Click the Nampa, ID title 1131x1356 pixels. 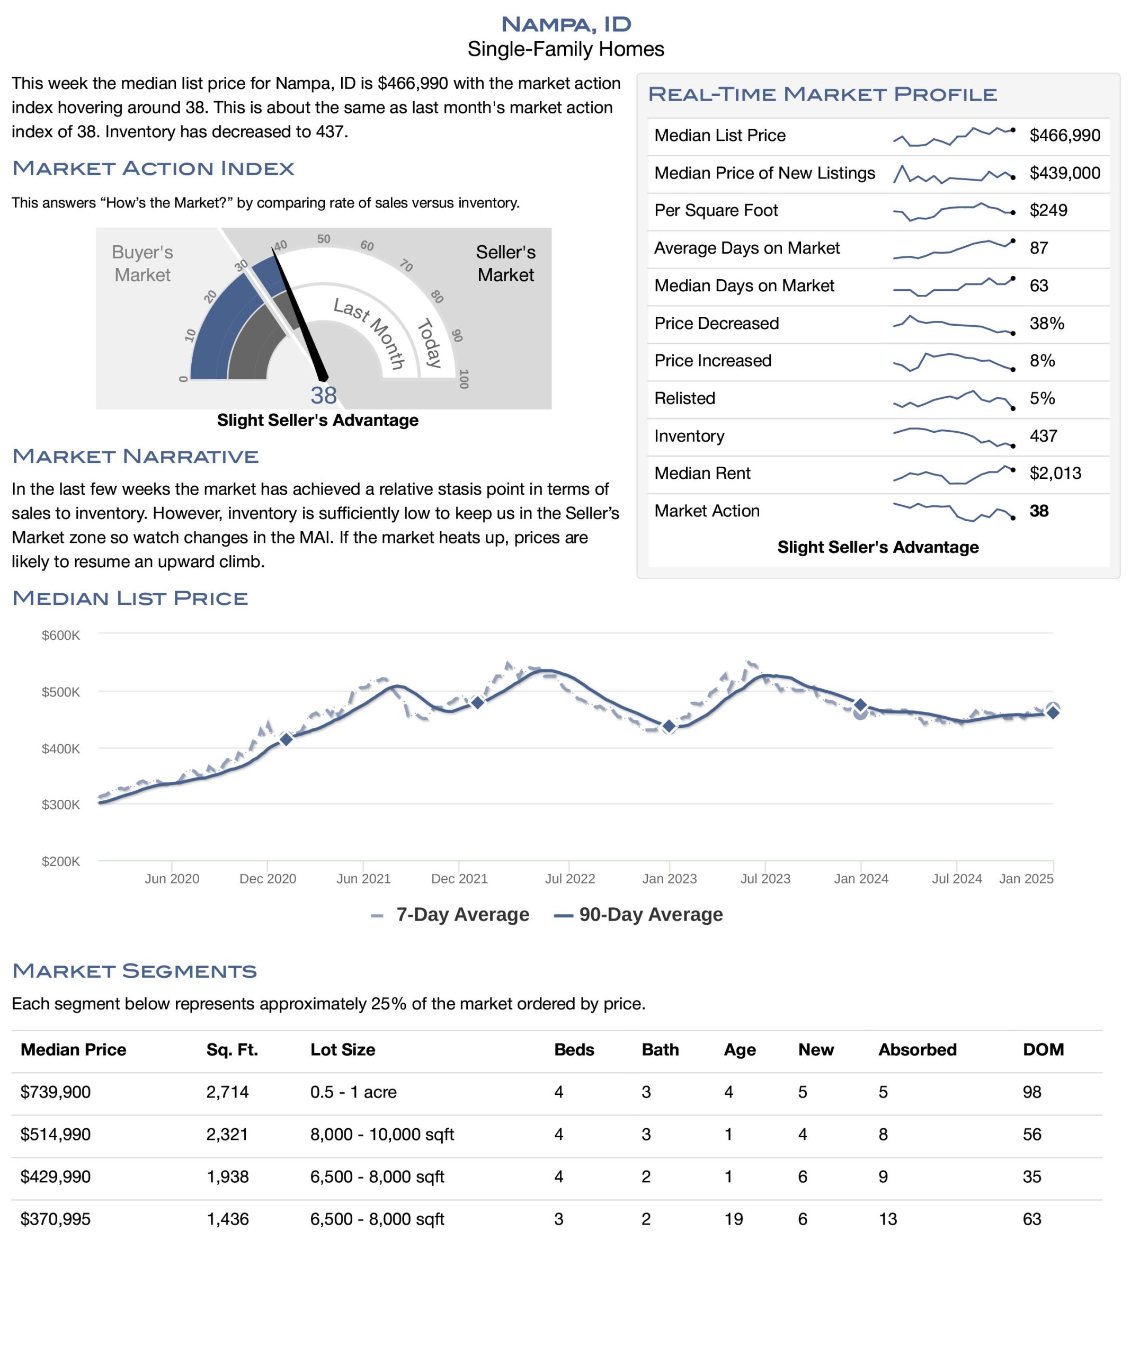click(x=565, y=24)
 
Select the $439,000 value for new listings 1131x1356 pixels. click(x=1064, y=173)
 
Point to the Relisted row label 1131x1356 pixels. click(x=684, y=398)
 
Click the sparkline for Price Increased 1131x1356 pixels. click(x=952, y=362)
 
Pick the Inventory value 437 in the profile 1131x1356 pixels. click(x=1043, y=436)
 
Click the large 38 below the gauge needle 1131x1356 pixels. click(x=323, y=395)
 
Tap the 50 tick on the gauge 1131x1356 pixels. click(x=324, y=239)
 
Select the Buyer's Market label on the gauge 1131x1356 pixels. click(x=142, y=263)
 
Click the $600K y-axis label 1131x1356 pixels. click(x=61, y=636)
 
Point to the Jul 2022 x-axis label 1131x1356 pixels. click(x=569, y=879)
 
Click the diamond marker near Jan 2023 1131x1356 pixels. click(x=669, y=726)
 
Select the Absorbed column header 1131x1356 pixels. click(x=916, y=1050)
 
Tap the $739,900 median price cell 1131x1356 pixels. click(x=56, y=1093)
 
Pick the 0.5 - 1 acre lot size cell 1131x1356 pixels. click(x=353, y=1093)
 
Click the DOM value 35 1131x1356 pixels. click(x=1031, y=1177)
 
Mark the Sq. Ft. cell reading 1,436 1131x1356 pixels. click(x=227, y=1220)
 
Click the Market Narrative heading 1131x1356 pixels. click(x=135, y=457)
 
